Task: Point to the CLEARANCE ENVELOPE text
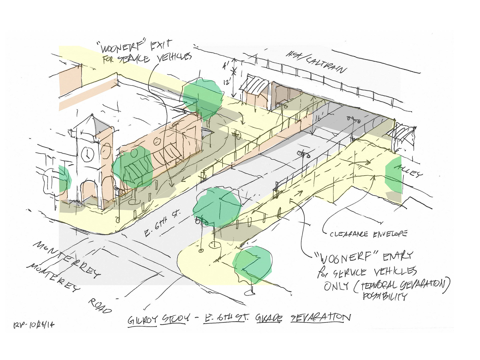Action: pyautogui.click(x=368, y=234)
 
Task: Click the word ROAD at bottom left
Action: pyautogui.click(x=99, y=306)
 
